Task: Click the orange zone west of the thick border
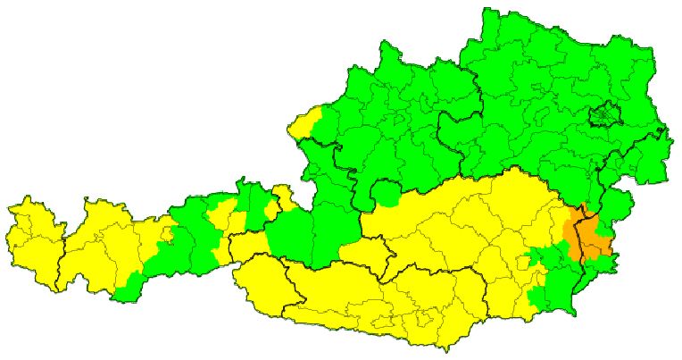571,230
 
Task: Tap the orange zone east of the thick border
596,243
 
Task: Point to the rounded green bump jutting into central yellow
387,193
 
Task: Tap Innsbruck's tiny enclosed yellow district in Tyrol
167,236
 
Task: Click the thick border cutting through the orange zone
582,237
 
